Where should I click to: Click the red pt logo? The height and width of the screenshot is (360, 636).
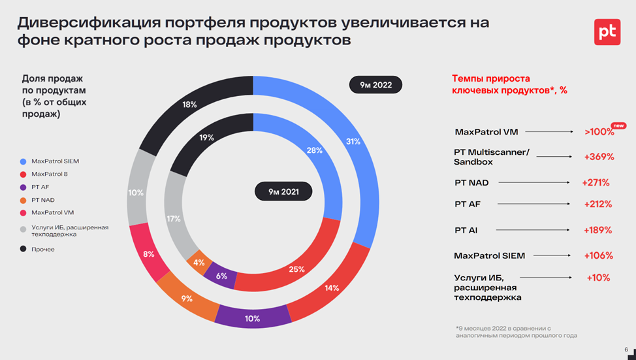tap(607, 31)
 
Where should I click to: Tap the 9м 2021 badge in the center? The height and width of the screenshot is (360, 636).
tap(283, 192)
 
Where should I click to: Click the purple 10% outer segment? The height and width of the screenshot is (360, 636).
tap(253, 318)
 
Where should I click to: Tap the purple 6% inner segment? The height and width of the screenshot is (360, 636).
tap(221, 276)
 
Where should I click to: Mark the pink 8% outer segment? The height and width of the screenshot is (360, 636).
tap(149, 254)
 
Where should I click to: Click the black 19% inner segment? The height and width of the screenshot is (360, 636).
tap(206, 138)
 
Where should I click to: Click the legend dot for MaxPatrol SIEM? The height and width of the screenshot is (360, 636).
tap(24, 161)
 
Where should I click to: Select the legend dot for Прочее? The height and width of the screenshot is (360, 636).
tap(24, 249)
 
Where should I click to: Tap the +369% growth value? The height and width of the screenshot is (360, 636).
tap(599, 157)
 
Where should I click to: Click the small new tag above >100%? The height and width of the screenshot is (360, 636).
tap(618, 125)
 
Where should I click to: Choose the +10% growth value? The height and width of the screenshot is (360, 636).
tap(598, 278)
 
